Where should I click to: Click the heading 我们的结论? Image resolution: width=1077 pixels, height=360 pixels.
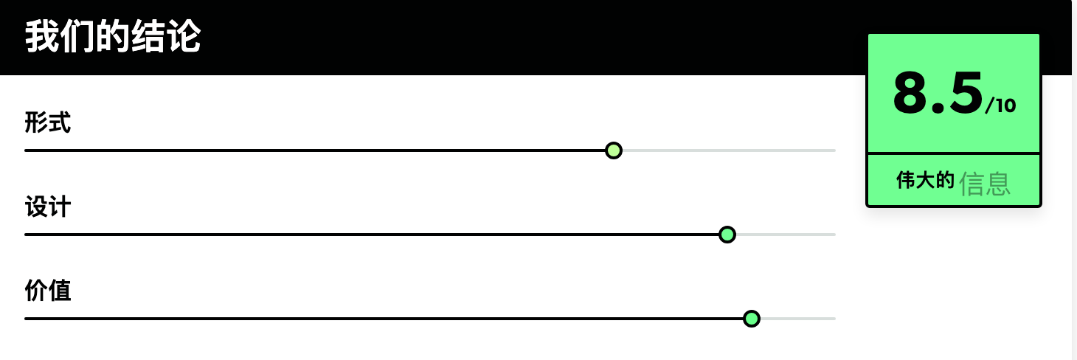tap(113, 37)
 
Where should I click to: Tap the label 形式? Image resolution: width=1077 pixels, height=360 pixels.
tap(48, 122)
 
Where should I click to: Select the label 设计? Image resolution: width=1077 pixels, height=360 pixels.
tap(48, 207)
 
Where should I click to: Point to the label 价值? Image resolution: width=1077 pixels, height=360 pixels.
tap(48, 291)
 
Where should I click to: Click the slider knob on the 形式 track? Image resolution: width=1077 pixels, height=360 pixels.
tap(614, 150)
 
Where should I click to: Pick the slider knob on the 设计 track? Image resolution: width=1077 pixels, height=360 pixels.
tap(727, 235)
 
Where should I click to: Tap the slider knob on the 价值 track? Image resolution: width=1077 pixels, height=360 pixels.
tap(751, 319)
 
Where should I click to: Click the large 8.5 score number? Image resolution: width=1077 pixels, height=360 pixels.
tap(938, 93)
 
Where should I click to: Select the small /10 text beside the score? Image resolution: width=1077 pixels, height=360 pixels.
tap(1000, 105)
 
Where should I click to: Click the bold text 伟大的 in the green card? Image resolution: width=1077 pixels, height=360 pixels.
tap(925, 180)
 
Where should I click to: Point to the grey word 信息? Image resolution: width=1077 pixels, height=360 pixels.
tap(985, 184)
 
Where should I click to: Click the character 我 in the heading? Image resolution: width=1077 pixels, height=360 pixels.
tap(42, 37)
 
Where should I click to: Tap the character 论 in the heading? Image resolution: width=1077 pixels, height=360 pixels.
tap(183, 37)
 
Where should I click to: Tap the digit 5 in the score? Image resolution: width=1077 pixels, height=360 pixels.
tap(966, 93)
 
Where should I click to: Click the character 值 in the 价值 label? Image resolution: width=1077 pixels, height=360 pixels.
tap(60, 291)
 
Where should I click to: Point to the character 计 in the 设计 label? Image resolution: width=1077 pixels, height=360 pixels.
tap(60, 207)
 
